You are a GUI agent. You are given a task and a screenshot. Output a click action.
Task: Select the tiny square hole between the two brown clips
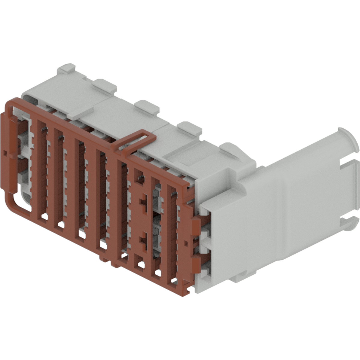pos(186,242)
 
